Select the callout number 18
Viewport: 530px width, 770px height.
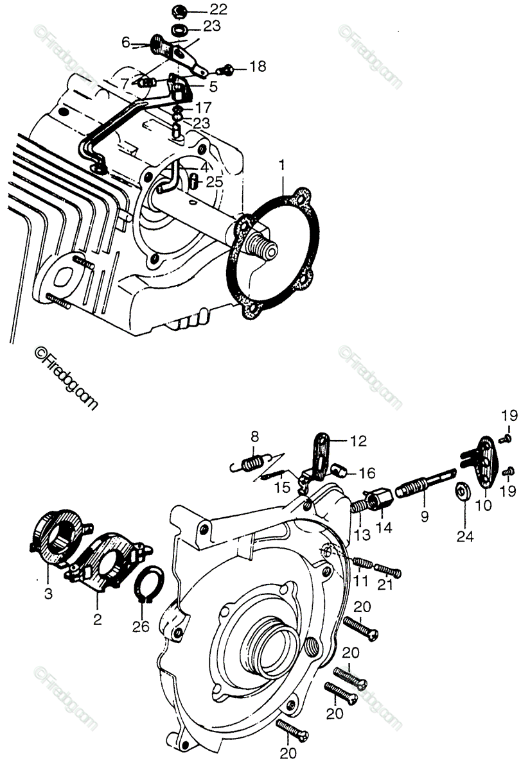tap(257, 67)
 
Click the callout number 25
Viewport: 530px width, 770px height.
tap(215, 183)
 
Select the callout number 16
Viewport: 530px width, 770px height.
tap(367, 474)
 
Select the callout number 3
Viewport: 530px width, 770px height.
tap(48, 594)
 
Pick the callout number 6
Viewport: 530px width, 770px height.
tap(126, 43)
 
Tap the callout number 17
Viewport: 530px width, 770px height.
tap(203, 107)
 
